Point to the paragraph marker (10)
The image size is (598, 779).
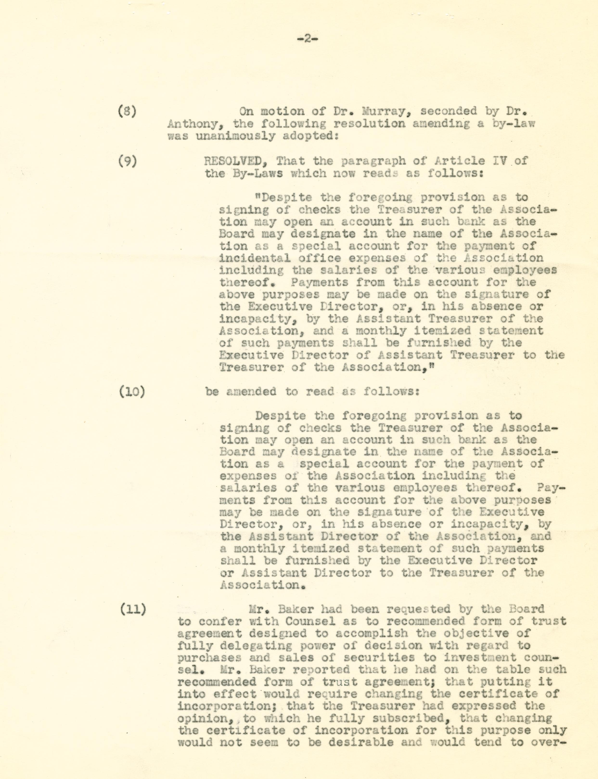pyautogui.click(x=132, y=392)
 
